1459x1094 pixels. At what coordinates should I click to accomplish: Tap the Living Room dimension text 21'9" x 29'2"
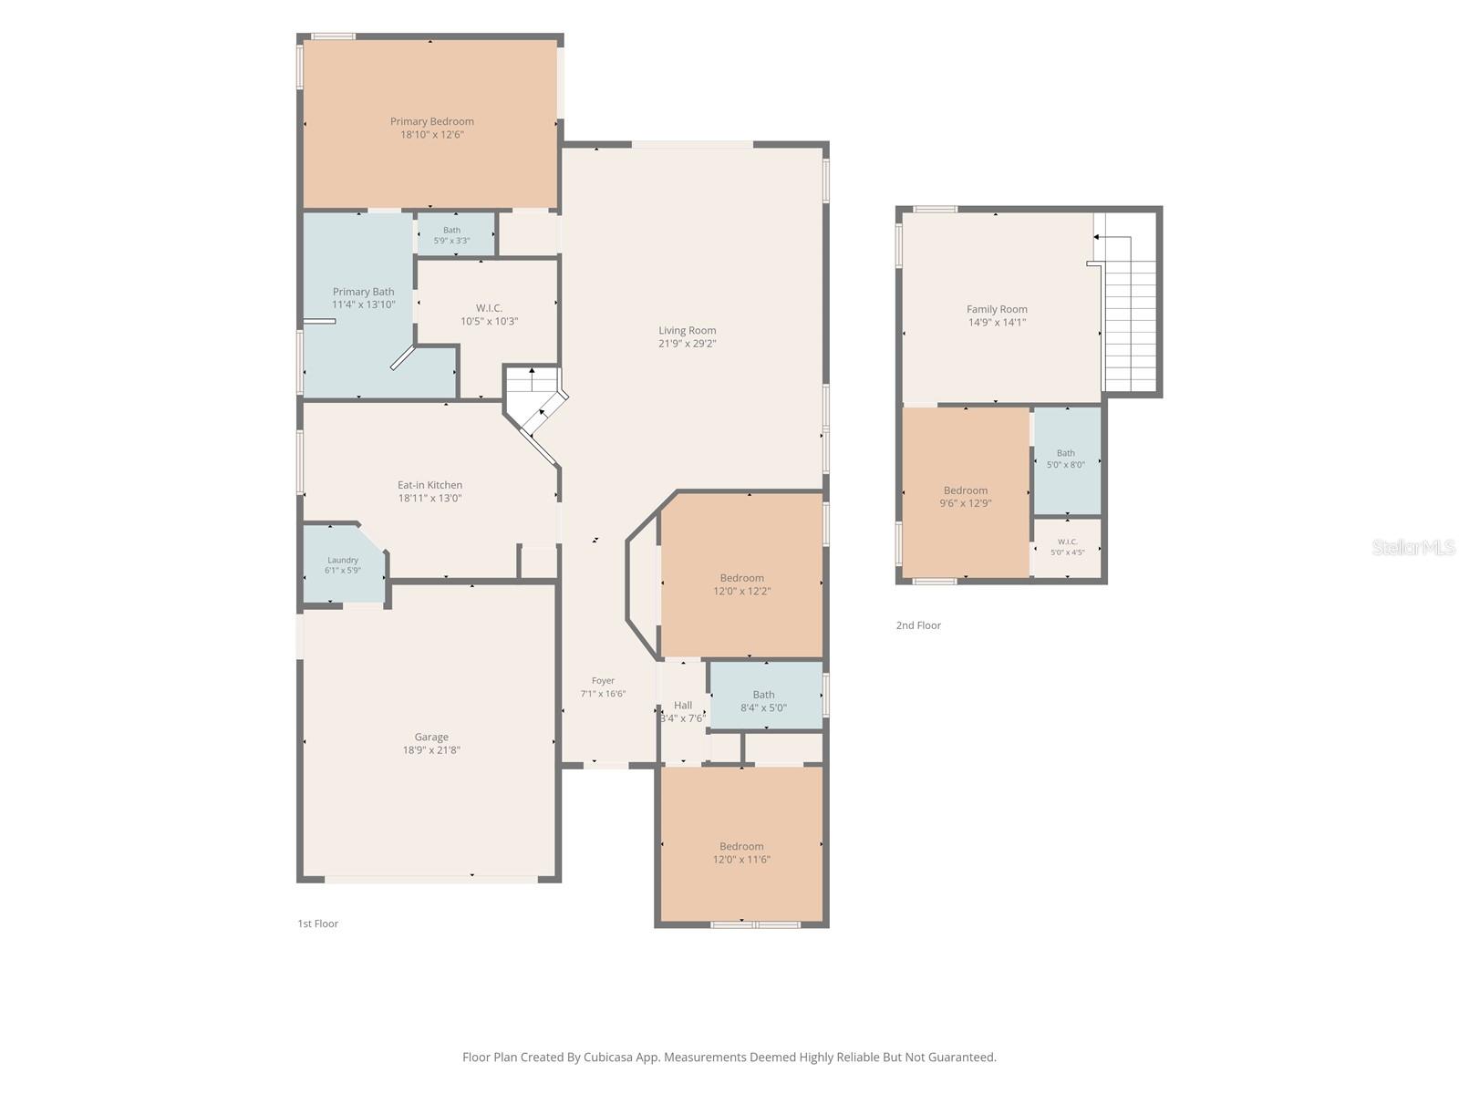tap(688, 344)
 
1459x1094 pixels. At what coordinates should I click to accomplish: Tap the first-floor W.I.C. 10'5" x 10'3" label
tap(489, 315)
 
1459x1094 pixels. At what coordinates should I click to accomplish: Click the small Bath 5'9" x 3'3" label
tap(452, 235)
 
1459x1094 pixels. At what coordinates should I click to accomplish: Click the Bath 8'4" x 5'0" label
tap(764, 701)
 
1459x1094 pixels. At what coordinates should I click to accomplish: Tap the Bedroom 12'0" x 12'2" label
tap(741, 583)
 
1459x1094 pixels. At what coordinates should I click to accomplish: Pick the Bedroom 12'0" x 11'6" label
tap(741, 852)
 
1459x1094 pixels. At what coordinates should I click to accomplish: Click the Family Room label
tap(997, 315)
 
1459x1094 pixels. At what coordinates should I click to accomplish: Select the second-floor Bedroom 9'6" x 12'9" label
tap(966, 497)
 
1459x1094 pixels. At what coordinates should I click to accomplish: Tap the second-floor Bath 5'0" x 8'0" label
tap(1066, 459)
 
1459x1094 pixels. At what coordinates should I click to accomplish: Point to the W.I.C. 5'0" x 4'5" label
tap(1068, 547)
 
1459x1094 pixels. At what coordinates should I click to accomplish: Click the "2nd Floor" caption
tap(918, 625)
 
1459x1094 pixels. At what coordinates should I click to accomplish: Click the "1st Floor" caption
tap(317, 924)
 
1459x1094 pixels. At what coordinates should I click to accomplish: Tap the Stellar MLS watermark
tap(1413, 547)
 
